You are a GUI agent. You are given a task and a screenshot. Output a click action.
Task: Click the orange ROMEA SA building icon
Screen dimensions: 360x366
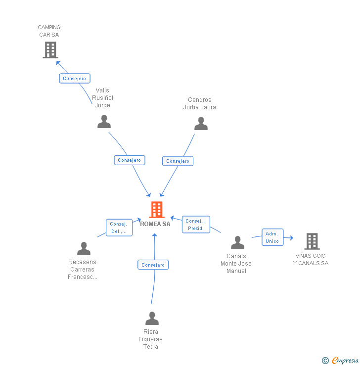tap(157, 209)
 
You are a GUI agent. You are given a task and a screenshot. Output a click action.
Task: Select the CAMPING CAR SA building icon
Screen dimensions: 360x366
tap(50, 50)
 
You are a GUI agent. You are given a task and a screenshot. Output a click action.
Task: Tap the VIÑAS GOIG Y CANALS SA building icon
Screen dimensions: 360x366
tap(312, 241)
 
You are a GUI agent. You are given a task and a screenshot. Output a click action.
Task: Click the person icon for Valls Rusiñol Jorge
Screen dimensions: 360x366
tap(104, 121)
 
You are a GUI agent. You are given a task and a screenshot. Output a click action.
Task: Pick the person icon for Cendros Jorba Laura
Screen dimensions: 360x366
tap(201, 123)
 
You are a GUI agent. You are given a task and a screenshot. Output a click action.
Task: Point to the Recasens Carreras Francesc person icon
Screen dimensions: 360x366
tap(84, 248)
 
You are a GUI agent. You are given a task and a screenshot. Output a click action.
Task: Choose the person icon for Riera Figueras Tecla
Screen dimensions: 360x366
tap(152, 318)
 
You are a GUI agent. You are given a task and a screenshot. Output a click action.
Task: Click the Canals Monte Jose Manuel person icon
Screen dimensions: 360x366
tap(237, 242)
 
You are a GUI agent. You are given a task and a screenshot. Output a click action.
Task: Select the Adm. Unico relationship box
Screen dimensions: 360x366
tap(272, 237)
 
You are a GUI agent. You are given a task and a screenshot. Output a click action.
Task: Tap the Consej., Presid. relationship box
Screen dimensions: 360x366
tap(196, 225)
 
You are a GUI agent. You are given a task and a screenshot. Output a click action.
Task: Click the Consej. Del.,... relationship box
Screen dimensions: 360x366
tap(119, 228)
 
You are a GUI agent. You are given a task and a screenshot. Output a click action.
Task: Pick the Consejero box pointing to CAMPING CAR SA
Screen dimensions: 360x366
tap(75, 79)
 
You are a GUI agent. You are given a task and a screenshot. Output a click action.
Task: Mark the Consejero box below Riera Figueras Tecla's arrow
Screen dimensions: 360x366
tap(153, 265)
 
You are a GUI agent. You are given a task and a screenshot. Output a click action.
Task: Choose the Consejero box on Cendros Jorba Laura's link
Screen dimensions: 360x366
tap(178, 161)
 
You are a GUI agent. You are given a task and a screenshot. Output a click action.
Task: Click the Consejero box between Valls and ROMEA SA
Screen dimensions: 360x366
tap(130, 160)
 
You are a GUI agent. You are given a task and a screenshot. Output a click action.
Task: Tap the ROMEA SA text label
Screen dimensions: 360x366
tap(155, 224)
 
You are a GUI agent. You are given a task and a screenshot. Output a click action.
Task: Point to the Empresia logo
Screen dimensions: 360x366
tap(340, 361)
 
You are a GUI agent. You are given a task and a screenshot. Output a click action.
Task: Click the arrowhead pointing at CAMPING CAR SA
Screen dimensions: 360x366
tap(58, 63)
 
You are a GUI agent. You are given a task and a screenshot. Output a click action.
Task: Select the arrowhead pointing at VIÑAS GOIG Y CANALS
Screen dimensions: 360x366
tap(292, 238)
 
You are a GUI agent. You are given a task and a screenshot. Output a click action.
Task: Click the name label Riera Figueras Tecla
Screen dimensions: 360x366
tap(150, 339)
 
